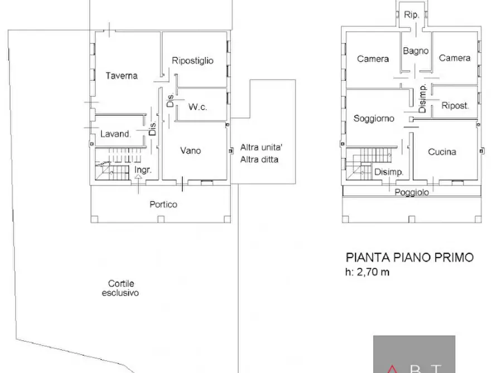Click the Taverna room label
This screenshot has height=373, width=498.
[x=122, y=76]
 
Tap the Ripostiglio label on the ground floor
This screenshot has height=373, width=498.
[x=193, y=61]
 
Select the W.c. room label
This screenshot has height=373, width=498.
[x=198, y=107]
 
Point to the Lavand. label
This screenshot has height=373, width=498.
[x=115, y=134]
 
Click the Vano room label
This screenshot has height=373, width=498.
[x=190, y=150]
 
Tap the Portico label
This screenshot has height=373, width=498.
[x=163, y=204]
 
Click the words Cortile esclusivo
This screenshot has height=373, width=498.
[x=120, y=288]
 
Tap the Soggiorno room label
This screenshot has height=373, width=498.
[x=374, y=118]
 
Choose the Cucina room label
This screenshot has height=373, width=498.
[x=442, y=151]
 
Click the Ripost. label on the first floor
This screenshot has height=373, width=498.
[x=455, y=105]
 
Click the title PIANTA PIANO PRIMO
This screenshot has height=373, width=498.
[x=410, y=257]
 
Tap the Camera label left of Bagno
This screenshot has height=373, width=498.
[x=373, y=58]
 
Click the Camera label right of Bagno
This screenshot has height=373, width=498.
[x=455, y=57]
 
